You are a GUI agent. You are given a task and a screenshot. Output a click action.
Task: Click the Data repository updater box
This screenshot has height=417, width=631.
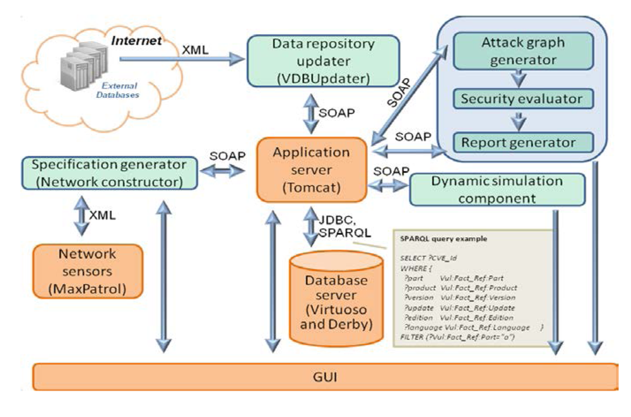tap(323, 62)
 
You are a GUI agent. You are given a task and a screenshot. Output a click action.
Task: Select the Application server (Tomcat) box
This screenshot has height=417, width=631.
tap(311, 170)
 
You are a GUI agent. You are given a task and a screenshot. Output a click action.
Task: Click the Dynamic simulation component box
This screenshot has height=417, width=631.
tap(497, 189)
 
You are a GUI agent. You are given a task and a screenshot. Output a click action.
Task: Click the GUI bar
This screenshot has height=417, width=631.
tap(324, 378)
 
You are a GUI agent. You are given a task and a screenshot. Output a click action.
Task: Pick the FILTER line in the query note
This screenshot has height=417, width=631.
tap(458, 338)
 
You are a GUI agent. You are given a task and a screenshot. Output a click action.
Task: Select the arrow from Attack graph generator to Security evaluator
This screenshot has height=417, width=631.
tap(519, 77)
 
